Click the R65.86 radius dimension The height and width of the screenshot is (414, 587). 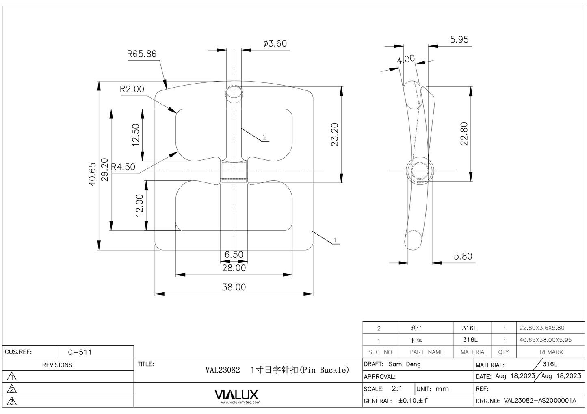pos(141,54)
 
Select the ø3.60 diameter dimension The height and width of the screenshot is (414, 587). pos(275,43)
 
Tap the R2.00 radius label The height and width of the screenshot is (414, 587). pos(132,89)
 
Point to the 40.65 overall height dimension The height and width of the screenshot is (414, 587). pos(93,174)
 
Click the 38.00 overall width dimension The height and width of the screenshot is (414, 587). pos(234,287)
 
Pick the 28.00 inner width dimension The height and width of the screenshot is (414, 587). pos(234,268)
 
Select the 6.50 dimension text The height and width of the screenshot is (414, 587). pos(234,255)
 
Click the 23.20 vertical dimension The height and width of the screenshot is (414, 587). pos(335,134)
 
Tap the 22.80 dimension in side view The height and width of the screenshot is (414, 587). pos(464,133)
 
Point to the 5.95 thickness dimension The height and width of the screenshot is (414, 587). pos(459,39)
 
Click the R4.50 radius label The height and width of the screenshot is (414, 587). pos(123,167)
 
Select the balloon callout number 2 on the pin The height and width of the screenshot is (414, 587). pos(265,137)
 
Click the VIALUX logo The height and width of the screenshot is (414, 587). pos(236,395)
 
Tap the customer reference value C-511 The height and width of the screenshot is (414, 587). pos(80,352)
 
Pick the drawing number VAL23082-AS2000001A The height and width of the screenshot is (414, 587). pos(540,401)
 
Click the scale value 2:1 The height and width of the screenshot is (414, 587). pos(397,388)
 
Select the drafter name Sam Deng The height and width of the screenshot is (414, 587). pos(405,364)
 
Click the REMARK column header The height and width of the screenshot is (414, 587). pos(551,352)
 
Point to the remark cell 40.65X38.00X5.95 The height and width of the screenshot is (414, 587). pos(545,340)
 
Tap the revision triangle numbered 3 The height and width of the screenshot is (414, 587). pos(12,401)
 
